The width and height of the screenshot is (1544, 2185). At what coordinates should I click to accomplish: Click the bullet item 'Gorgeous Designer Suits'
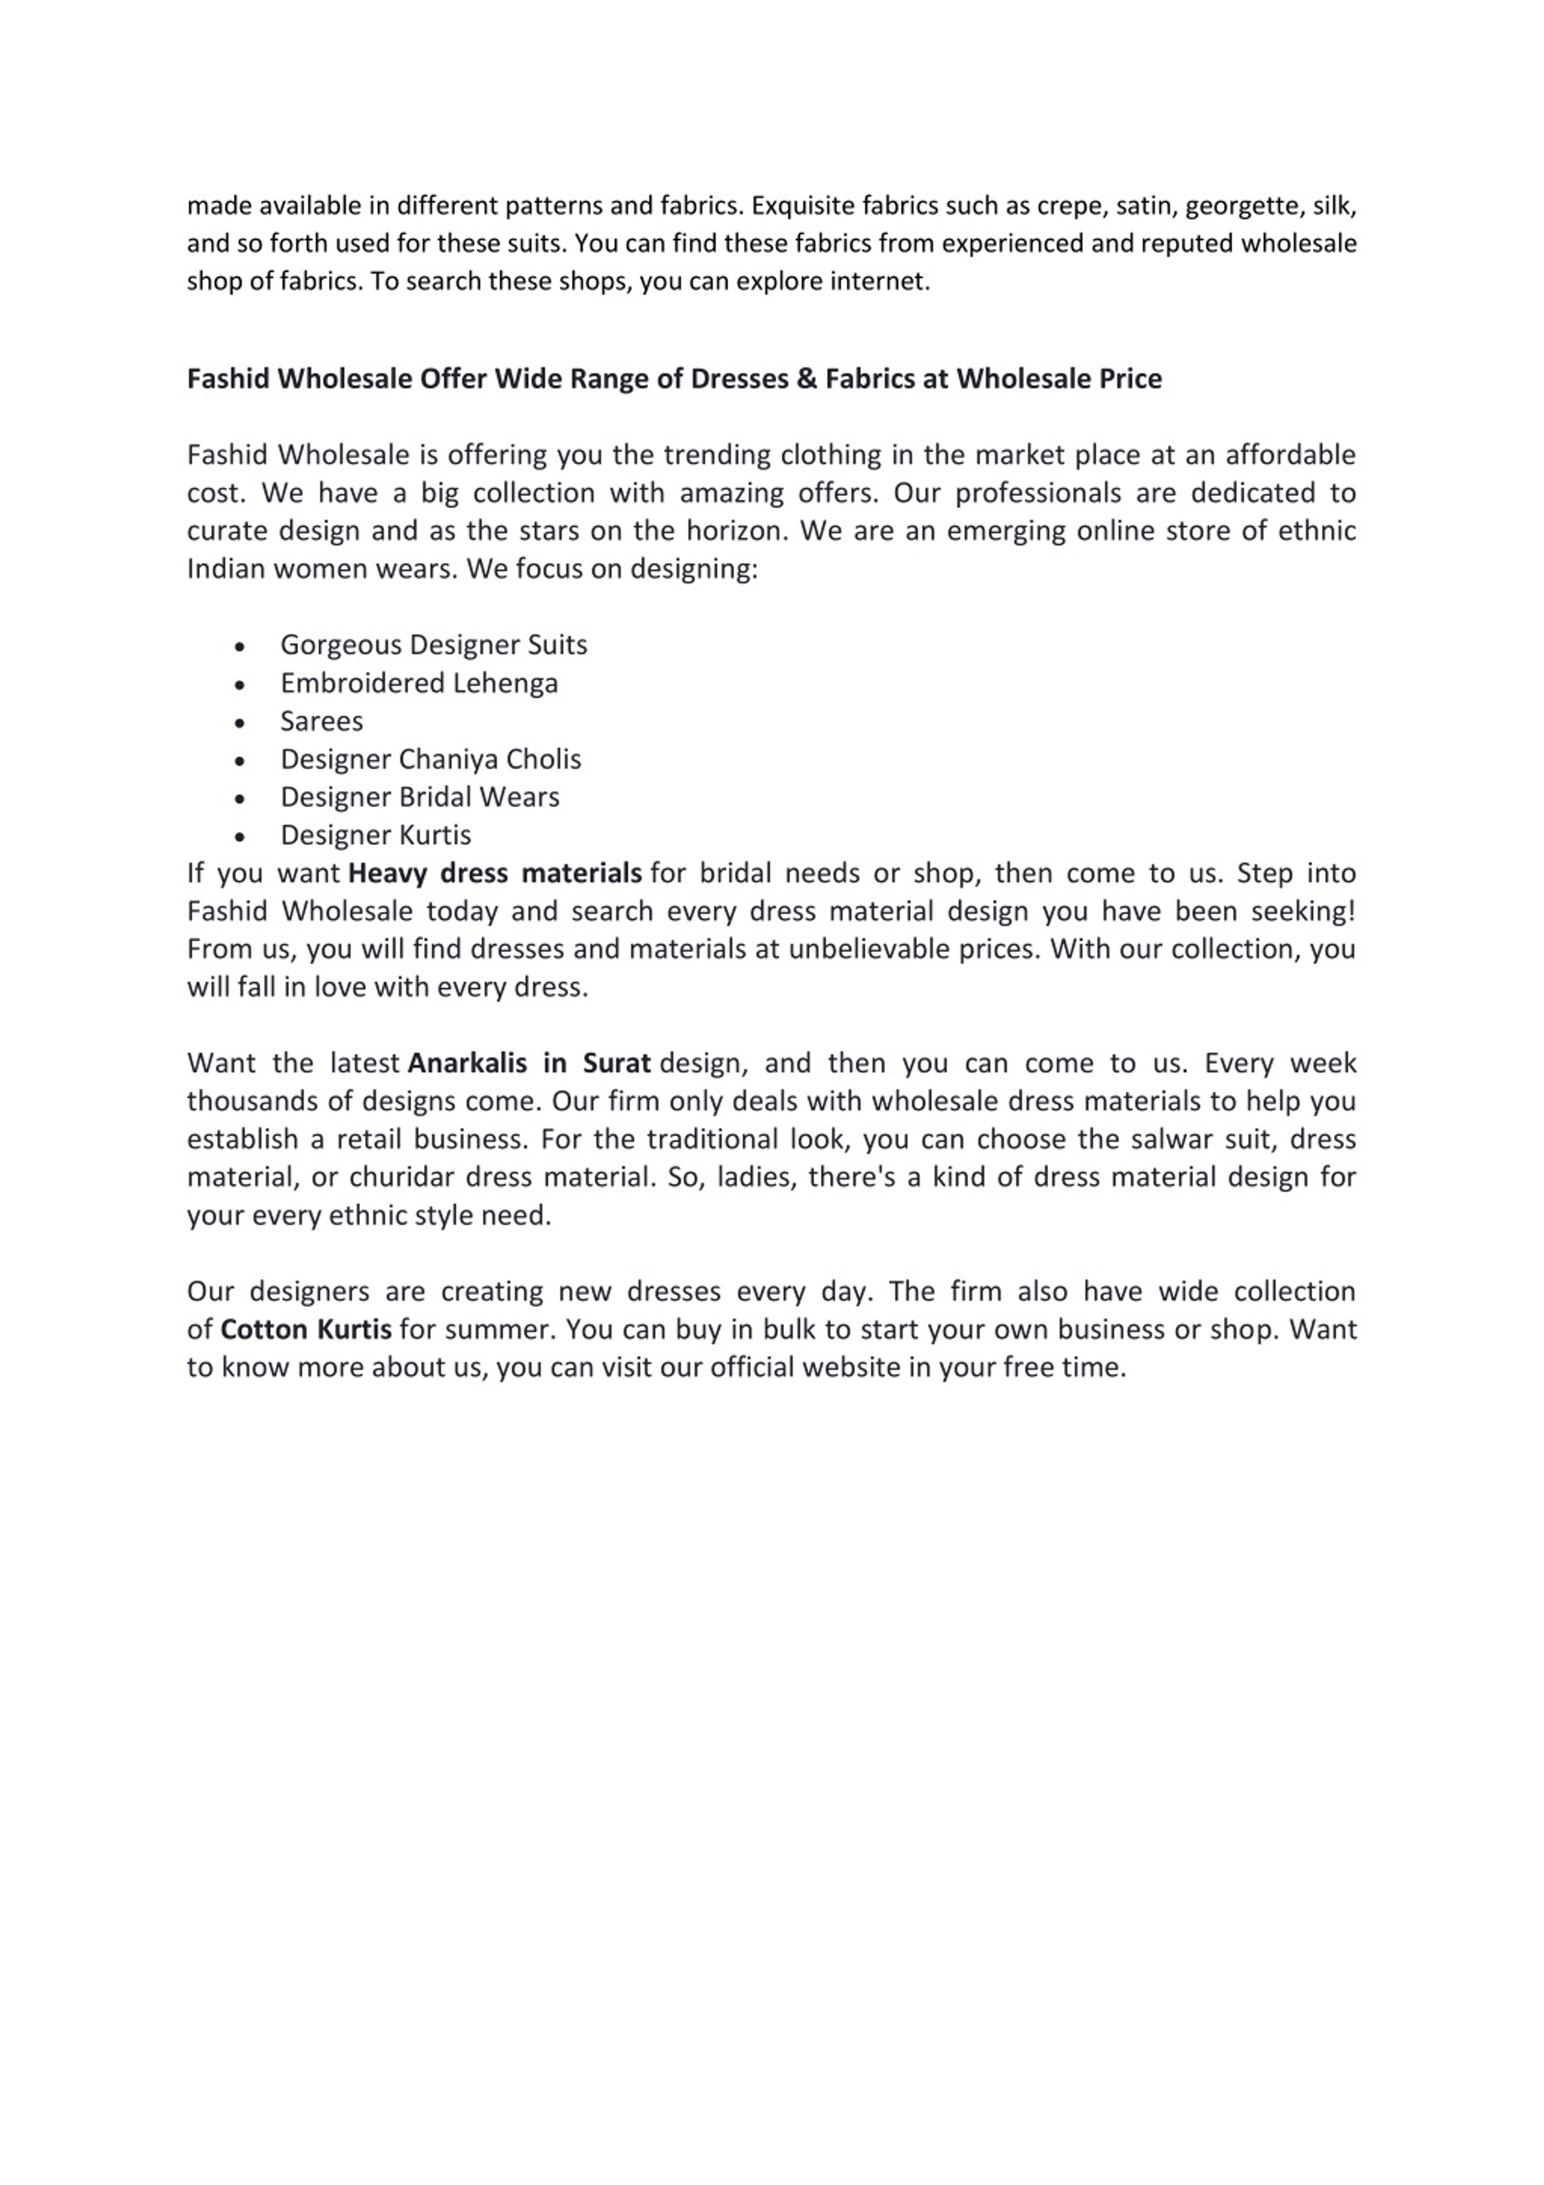click(433, 645)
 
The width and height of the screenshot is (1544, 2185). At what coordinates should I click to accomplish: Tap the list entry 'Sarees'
click(321, 721)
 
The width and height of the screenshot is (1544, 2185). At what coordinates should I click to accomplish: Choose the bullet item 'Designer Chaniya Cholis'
click(430, 760)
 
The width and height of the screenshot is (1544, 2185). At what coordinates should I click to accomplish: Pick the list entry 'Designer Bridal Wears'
click(420, 798)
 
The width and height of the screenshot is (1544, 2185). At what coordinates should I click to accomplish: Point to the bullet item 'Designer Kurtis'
click(376, 836)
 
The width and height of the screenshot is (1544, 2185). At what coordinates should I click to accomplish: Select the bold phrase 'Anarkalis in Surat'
click(529, 1063)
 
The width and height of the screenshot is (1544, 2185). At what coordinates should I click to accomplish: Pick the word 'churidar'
click(403, 1177)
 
